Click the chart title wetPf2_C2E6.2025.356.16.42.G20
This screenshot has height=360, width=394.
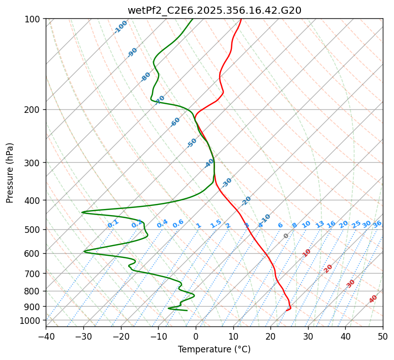tap(214, 10)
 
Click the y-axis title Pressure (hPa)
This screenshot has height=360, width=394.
tap(10, 172)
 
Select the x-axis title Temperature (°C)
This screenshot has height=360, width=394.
tap(214, 349)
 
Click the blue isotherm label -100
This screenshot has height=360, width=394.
tap(121, 27)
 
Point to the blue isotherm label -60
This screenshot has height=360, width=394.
tap(175, 122)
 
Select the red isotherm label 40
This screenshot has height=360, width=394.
tap(373, 299)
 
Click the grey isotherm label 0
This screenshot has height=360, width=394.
tap(286, 236)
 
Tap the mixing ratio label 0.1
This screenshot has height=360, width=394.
tap(113, 223)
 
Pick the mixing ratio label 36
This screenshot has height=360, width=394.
tap(377, 224)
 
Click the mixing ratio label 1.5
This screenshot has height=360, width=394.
tap(216, 223)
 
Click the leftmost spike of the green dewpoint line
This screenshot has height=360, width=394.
tap(82, 212)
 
